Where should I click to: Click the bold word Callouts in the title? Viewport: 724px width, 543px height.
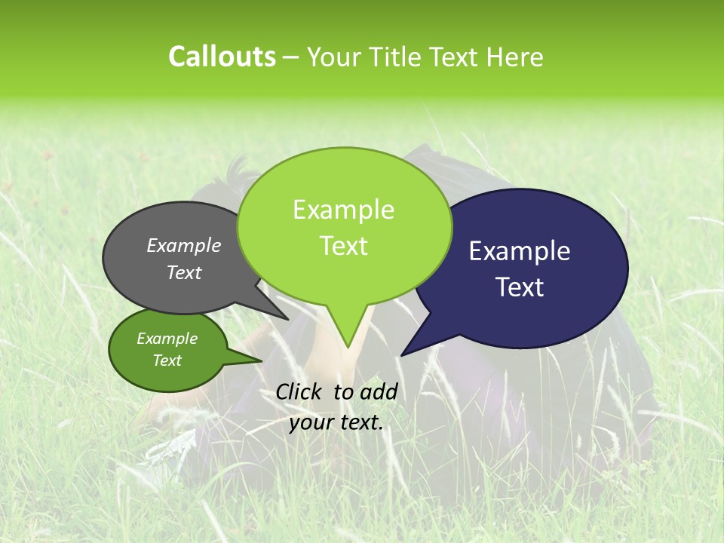pyautogui.click(x=222, y=57)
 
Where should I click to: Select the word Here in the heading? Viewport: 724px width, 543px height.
pyautogui.click(x=513, y=57)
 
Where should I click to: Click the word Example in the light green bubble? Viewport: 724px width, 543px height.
pyautogui.click(x=343, y=210)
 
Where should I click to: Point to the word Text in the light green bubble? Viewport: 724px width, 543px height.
pyautogui.click(x=343, y=246)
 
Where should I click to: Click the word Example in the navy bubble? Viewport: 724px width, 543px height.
pyautogui.click(x=520, y=251)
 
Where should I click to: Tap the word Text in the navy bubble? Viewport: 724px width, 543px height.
pyautogui.click(x=520, y=287)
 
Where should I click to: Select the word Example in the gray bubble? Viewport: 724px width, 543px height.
pyautogui.click(x=184, y=245)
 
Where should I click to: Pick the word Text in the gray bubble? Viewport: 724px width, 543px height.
pyautogui.click(x=184, y=273)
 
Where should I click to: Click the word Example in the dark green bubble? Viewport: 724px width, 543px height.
pyautogui.click(x=167, y=339)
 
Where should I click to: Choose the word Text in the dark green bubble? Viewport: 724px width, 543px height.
pyautogui.click(x=167, y=360)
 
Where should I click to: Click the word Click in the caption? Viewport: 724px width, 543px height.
pyautogui.click(x=299, y=391)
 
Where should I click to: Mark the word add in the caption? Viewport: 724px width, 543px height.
pyautogui.click(x=379, y=391)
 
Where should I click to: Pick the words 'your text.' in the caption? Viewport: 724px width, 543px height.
pyautogui.click(x=336, y=422)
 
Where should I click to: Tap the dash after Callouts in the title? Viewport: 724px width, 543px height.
pyautogui.click(x=291, y=57)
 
